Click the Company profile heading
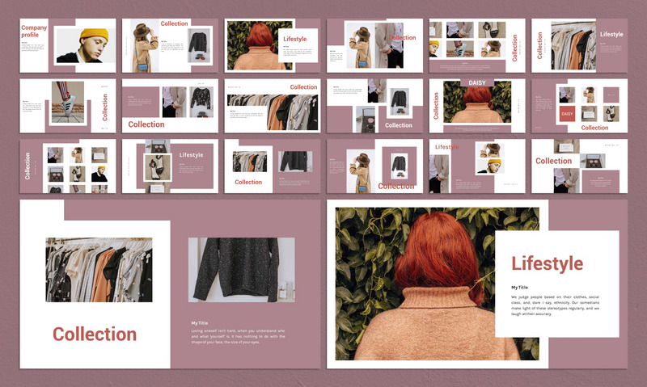point(34,31)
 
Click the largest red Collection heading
point(95,334)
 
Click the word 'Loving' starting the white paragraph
point(199,330)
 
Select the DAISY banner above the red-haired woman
point(476,83)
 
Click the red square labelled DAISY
point(567,114)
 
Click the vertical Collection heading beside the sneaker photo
point(105,107)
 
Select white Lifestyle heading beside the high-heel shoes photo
point(192,154)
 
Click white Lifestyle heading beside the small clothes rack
point(611,35)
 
